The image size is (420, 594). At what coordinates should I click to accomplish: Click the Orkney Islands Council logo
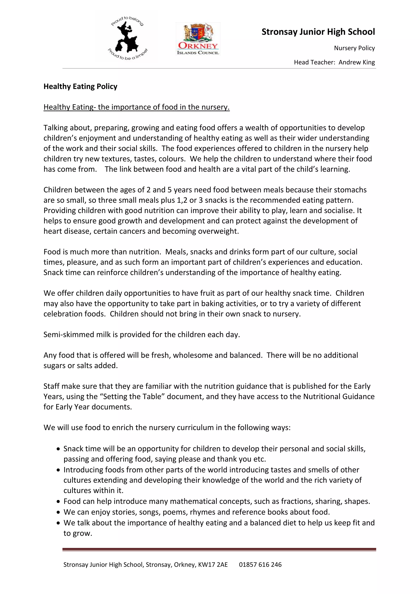[x=198, y=39]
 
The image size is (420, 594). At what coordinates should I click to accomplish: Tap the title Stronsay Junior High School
[x=318, y=32]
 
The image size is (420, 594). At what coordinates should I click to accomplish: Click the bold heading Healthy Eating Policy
[x=80, y=86]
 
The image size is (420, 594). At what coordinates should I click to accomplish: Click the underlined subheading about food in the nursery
[x=136, y=107]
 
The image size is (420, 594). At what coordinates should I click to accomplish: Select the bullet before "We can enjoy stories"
[x=58, y=512]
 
